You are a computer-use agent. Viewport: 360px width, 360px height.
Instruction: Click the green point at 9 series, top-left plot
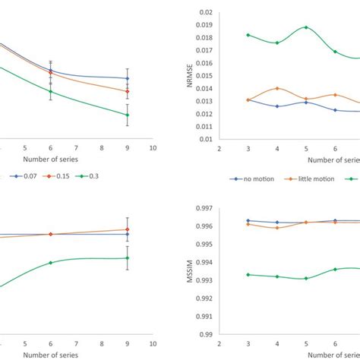pyautogui.click(x=127, y=115)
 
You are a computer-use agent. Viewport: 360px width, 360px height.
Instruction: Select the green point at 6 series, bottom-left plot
pyautogui.click(x=50, y=263)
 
